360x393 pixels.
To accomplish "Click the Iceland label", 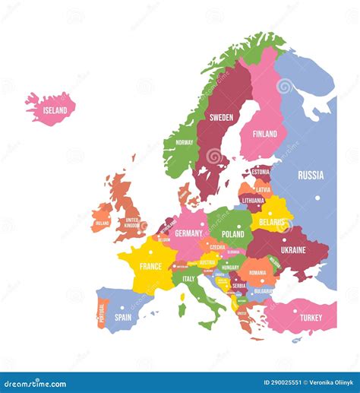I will coord(55,110).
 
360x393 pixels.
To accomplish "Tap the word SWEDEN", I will coord(221,117).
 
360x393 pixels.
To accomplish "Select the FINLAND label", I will coord(264,134).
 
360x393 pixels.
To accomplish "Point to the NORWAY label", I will coord(185,142).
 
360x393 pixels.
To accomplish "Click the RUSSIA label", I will coord(311,175).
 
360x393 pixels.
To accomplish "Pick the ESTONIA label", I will coord(261,172).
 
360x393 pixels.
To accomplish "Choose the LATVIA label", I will coord(263,189).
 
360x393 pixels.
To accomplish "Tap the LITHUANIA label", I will coord(253,201).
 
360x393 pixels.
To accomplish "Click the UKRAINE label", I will coord(293,249).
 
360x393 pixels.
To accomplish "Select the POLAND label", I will coord(232,234).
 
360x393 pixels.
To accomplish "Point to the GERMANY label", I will coord(189,233).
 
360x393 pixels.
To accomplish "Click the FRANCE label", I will coord(150,266).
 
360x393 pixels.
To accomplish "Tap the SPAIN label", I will coord(122,317).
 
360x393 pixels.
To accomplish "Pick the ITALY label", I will coord(188,279).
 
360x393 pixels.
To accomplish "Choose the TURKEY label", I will coord(311,317).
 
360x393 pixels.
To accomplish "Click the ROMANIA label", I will coord(257,272).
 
